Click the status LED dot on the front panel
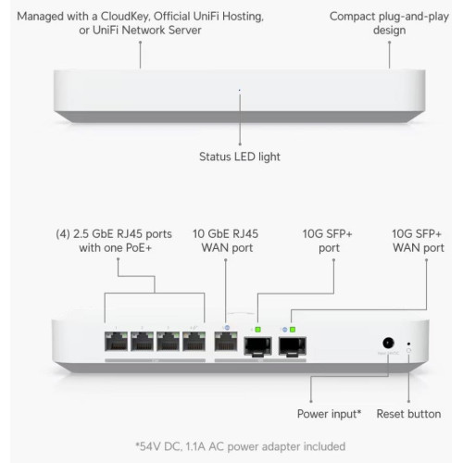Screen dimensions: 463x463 240,90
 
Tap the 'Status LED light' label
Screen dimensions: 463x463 240,156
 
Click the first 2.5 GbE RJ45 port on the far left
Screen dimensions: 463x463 116,341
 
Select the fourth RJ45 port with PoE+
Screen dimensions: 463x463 194,341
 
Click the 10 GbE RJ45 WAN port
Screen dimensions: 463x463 226,341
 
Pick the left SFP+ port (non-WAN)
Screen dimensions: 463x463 258,346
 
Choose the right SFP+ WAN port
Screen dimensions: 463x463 293,346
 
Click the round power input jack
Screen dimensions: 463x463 388,343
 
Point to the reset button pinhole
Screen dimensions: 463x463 409,344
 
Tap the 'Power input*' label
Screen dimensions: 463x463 329,414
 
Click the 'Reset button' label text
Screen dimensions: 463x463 408,414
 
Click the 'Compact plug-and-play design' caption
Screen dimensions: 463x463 389,23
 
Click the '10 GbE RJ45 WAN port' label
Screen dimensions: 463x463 226,241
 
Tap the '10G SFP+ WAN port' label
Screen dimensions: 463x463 419,241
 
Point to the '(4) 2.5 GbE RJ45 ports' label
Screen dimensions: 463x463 114,234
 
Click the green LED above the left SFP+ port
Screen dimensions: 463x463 258,330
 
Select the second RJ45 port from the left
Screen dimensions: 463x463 142,341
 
